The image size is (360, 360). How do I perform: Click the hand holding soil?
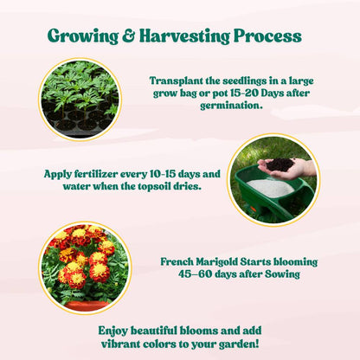(285, 166)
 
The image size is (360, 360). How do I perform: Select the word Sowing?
(281, 274)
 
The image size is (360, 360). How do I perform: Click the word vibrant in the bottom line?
(124, 343)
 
